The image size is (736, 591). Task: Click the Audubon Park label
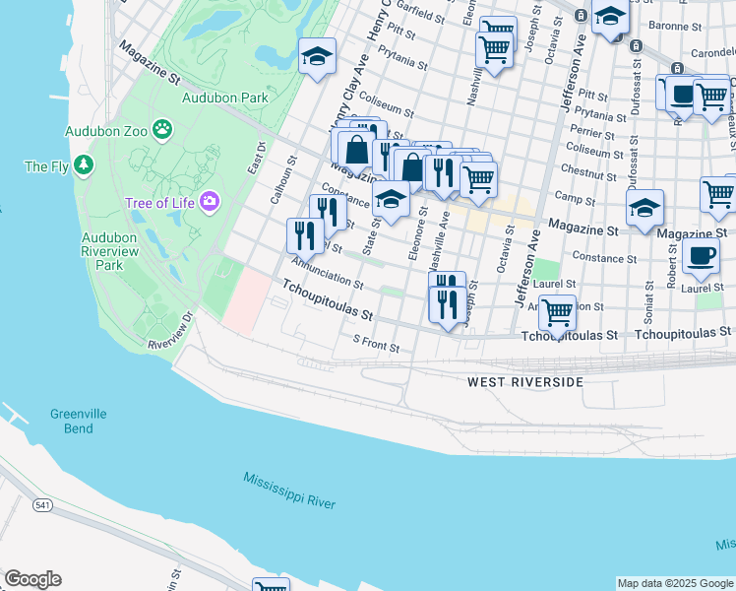(225, 98)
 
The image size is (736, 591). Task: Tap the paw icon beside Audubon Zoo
(162, 129)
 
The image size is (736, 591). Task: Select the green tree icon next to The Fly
(86, 165)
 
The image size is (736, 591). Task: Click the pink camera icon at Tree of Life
(208, 203)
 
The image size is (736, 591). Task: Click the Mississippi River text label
(289, 491)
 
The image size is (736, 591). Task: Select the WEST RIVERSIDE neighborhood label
(524, 381)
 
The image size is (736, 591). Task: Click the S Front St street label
(376, 347)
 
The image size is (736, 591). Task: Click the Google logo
(32, 579)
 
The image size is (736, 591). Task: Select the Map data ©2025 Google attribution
(675, 583)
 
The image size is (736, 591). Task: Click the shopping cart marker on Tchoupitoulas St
(558, 313)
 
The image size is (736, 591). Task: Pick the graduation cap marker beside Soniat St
(644, 208)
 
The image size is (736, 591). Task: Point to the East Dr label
(259, 159)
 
